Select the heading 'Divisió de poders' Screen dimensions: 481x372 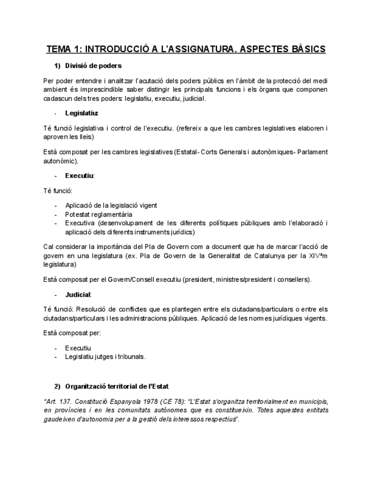[x=93, y=66]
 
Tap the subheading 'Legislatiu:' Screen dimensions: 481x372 [x=81, y=113]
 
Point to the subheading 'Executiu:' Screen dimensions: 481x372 [x=80, y=176]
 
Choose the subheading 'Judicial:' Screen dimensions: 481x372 [x=78, y=294]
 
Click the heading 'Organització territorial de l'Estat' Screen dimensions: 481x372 [x=116, y=386]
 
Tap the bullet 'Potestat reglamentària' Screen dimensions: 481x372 [x=98, y=214]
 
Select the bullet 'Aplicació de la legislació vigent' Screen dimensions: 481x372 [x=111, y=205]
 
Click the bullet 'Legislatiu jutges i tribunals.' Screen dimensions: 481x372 [x=105, y=357]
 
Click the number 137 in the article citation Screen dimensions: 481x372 [x=64, y=401]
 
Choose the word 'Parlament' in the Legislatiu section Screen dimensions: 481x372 [x=311, y=152]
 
